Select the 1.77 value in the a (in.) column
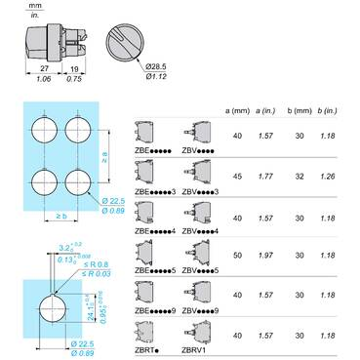pyautogui.click(x=264, y=177)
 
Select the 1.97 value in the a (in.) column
pyautogui.click(x=264, y=255)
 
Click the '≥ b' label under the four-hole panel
pyautogui.click(x=62, y=214)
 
